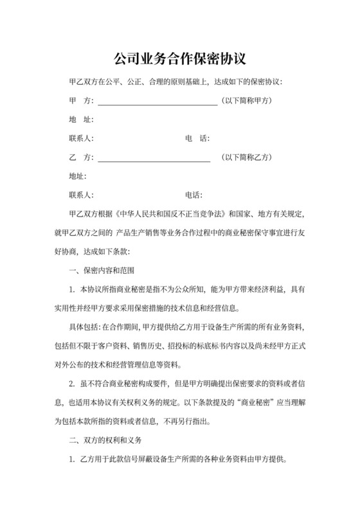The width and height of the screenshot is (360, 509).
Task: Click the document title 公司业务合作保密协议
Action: [x=179, y=59]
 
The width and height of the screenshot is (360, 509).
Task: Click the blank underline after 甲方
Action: [x=157, y=103]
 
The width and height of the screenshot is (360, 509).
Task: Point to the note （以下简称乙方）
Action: [x=248, y=157]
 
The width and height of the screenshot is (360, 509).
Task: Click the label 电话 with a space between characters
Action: [x=197, y=138]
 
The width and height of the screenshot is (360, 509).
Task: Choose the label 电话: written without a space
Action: [x=194, y=194]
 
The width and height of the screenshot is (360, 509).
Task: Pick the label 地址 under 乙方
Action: [x=76, y=175]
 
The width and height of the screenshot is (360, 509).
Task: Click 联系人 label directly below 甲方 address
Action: [x=80, y=138]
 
